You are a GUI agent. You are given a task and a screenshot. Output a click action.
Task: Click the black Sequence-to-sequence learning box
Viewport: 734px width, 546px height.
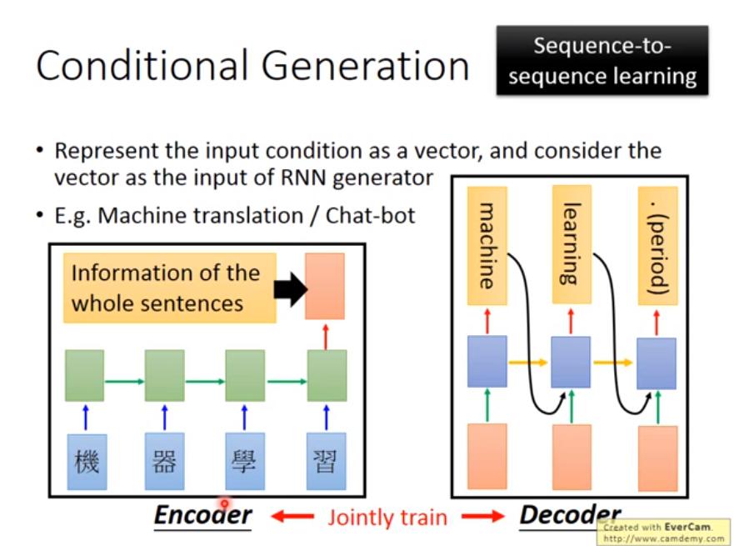click(602, 60)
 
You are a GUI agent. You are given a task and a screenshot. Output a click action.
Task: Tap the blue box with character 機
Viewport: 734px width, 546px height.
click(86, 460)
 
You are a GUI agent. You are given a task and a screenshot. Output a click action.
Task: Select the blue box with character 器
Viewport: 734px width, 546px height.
click(164, 460)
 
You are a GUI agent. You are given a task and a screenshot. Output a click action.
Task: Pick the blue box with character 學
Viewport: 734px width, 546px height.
click(244, 460)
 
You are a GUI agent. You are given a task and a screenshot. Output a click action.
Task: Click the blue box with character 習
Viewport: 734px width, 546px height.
click(325, 460)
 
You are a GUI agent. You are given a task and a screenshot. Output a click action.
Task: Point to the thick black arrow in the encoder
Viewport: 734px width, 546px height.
click(290, 288)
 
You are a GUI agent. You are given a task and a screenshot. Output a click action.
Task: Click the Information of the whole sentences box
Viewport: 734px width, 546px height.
click(170, 288)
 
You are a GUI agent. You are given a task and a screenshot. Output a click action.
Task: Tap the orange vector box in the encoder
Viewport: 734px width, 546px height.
click(325, 286)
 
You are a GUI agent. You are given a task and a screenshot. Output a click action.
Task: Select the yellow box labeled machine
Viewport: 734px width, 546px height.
click(487, 245)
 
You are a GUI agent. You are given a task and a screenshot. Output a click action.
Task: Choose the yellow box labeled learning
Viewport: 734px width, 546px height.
click(571, 245)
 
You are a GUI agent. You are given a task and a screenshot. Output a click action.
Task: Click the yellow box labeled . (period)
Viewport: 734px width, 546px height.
click(657, 245)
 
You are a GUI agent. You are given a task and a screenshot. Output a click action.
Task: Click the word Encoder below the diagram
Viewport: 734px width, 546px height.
click(202, 515)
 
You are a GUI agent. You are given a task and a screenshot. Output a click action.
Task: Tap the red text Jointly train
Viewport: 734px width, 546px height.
click(387, 517)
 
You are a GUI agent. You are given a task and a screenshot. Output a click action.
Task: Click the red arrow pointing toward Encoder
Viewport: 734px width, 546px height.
click(292, 517)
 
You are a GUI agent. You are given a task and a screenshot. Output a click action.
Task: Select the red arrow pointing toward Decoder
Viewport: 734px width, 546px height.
click(485, 517)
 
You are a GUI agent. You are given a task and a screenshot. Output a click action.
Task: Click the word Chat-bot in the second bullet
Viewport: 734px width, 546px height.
click(370, 215)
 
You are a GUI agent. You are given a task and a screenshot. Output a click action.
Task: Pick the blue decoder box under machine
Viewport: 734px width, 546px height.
click(487, 361)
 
